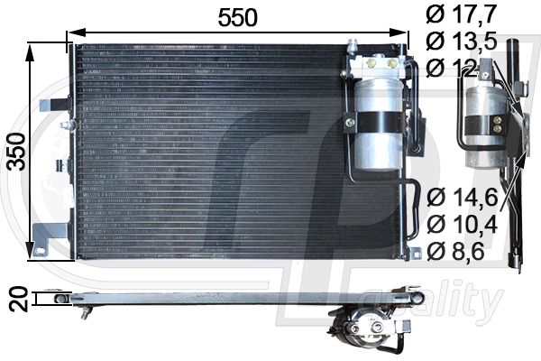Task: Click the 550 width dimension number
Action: tap(237, 17)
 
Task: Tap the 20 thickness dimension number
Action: tap(15, 300)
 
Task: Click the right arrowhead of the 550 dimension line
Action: tap(401, 37)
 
